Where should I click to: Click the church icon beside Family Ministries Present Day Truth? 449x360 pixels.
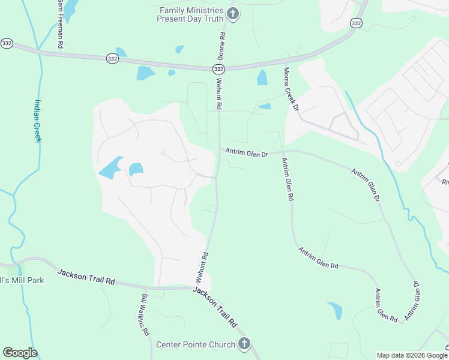tap(234, 14)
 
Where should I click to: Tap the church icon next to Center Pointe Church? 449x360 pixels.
tap(244, 344)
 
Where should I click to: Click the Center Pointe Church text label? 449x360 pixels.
tap(196, 344)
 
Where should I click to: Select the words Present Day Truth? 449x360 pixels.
tap(190, 19)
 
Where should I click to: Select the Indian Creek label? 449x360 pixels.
tap(37, 120)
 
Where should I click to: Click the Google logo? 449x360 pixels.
tap(20, 353)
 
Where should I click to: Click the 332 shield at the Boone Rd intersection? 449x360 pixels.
tap(218, 70)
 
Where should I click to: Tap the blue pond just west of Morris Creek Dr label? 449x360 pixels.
tap(262, 77)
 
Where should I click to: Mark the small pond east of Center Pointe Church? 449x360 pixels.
tap(335, 310)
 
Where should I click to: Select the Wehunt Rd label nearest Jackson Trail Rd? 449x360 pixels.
tap(202, 267)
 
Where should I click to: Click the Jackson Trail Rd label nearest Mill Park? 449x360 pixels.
tap(86, 277)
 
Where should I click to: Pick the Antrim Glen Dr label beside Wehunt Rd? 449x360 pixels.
tap(246, 154)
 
